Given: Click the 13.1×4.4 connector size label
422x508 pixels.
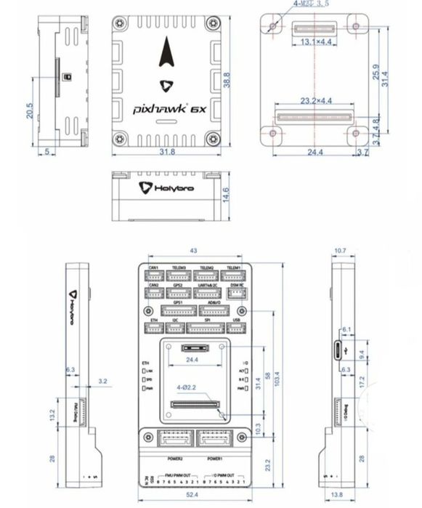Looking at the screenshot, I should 315,42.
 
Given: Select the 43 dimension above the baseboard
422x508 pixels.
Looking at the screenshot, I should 193,251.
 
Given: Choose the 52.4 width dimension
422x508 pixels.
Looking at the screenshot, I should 194,495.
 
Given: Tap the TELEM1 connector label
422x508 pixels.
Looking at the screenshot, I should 233,268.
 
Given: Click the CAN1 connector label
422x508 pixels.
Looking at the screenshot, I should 154,268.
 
